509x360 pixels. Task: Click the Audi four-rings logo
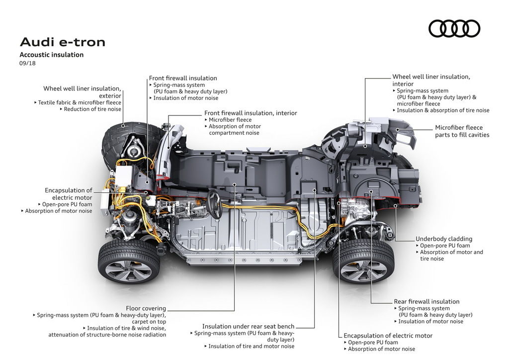click(x=454, y=28)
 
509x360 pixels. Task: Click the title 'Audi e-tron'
click(x=63, y=42)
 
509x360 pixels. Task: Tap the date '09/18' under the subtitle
click(x=27, y=63)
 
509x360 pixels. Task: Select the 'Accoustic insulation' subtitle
click(x=52, y=55)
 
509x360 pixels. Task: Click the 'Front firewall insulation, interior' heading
click(x=251, y=113)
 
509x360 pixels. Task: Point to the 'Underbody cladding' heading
click(x=444, y=239)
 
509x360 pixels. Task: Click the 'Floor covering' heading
click(x=146, y=308)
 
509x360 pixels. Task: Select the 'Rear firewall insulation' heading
click(x=426, y=301)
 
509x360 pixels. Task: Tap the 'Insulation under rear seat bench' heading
click(x=249, y=326)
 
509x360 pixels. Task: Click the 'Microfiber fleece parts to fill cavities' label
click(x=462, y=131)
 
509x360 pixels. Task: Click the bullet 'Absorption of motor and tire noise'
click(x=449, y=256)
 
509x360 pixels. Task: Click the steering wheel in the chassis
click(x=214, y=204)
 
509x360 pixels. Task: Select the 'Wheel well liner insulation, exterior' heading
click(x=82, y=92)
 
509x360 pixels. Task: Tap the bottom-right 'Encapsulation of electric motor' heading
click(x=388, y=336)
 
